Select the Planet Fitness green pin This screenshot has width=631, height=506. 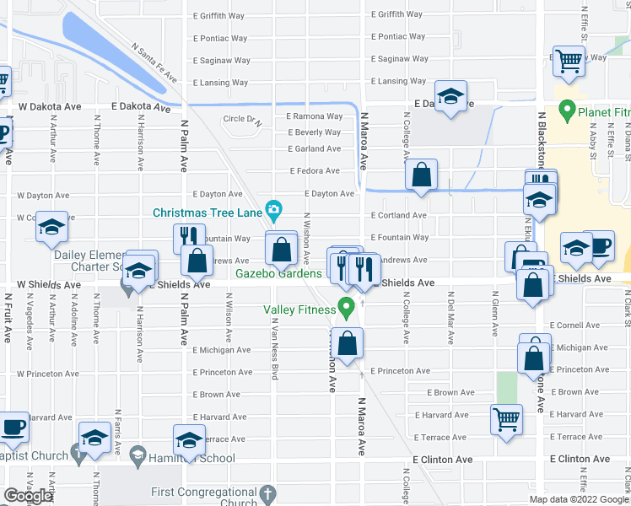point(567,110)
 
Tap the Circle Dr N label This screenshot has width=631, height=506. point(243,119)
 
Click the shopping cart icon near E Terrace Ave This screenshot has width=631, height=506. point(506,417)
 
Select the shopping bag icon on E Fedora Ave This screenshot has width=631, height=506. point(421,175)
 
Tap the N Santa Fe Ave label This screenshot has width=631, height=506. point(154,63)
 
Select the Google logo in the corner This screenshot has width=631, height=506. point(28,496)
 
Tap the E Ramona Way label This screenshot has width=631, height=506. point(314,116)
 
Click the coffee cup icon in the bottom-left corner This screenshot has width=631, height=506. point(13,426)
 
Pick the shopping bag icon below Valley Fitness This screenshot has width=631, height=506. point(346,342)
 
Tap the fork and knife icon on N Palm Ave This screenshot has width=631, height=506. point(189,237)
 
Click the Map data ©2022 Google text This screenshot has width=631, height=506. point(578,499)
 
